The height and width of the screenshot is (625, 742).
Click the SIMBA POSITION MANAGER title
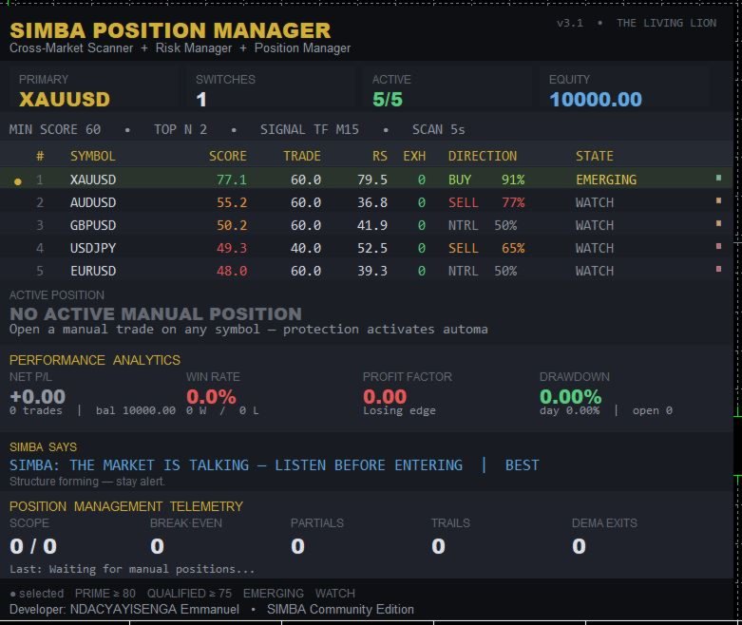point(170,30)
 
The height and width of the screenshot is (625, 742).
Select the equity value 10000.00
point(596,100)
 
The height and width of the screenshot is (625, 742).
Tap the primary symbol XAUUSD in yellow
point(65,100)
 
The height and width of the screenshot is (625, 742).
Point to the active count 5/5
point(387,100)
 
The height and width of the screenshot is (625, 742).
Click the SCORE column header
point(228,156)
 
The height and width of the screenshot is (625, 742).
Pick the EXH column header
point(414,156)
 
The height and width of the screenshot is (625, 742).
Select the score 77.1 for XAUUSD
point(232,180)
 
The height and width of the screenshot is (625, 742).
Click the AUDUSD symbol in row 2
point(93,202)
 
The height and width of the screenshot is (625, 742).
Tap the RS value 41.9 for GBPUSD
point(371,225)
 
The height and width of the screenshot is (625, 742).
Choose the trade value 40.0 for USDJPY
point(306,248)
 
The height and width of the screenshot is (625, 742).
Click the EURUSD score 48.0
point(232,271)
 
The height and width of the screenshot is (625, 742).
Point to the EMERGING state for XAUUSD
point(606,180)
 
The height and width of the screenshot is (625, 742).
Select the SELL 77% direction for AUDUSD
point(486,202)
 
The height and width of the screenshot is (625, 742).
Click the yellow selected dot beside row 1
point(17,181)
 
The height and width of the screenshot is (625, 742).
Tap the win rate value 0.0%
point(211,396)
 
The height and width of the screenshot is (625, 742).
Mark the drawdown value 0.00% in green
point(570,396)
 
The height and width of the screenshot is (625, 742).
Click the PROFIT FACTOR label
point(407,376)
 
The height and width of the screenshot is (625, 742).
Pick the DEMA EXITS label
point(604,522)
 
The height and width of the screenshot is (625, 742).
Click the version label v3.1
point(570,23)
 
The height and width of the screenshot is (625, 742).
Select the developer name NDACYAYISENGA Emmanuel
point(154,609)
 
